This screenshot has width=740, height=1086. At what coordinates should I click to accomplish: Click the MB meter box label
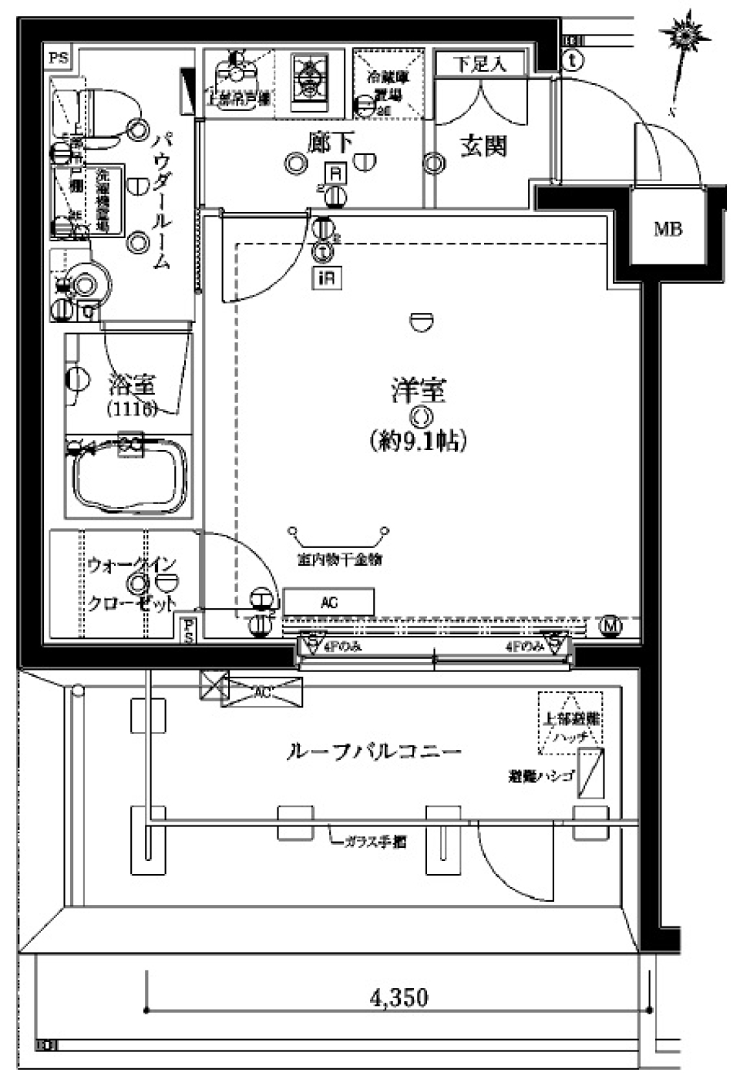pos(668,229)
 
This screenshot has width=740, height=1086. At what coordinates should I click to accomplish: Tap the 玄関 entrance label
pos(483,146)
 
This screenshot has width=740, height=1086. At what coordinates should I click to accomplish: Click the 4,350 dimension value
pos(399,997)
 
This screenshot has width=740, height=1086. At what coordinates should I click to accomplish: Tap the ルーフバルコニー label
pos(374,751)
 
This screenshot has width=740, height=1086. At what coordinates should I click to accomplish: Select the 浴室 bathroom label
pos(132,383)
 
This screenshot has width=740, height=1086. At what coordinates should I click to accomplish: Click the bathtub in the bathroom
pos(127,478)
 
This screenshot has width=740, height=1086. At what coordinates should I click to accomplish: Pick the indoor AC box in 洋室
pos(328,603)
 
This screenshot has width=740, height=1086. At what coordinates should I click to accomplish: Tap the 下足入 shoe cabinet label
pos(479,63)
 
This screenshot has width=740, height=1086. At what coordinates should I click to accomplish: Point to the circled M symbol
pos(611,627)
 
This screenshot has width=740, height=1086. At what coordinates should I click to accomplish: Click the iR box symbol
pos(326,277)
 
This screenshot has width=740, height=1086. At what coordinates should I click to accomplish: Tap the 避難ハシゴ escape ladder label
pos(540,776)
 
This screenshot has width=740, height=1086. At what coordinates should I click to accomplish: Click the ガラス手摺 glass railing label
pos(375,842)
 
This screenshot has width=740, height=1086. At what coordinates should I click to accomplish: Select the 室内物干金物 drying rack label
pos(339,560)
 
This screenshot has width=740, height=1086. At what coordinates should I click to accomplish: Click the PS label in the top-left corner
pos(59,58)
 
